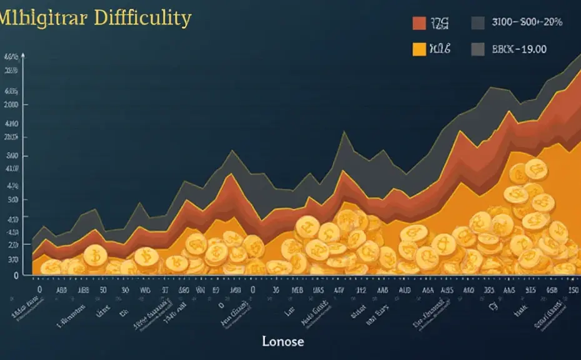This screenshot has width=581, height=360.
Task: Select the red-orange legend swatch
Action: coord(419,23)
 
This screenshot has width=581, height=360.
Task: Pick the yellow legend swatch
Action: coord(419,49)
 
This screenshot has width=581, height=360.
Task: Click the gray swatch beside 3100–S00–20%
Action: coord(478,23)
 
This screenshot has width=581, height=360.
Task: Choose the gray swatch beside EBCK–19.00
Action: coord(478,49)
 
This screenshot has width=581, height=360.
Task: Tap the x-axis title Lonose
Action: coord(283,341)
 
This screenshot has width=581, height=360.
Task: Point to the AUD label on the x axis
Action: coord(404,290)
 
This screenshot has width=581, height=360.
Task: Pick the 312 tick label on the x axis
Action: coord(360,290)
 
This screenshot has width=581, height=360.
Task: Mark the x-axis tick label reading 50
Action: coord(104,290)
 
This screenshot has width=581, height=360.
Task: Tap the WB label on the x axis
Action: coord(145,290)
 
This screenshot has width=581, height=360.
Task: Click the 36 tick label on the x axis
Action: coord(276,290)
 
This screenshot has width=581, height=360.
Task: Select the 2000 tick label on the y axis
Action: coord(11,106)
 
